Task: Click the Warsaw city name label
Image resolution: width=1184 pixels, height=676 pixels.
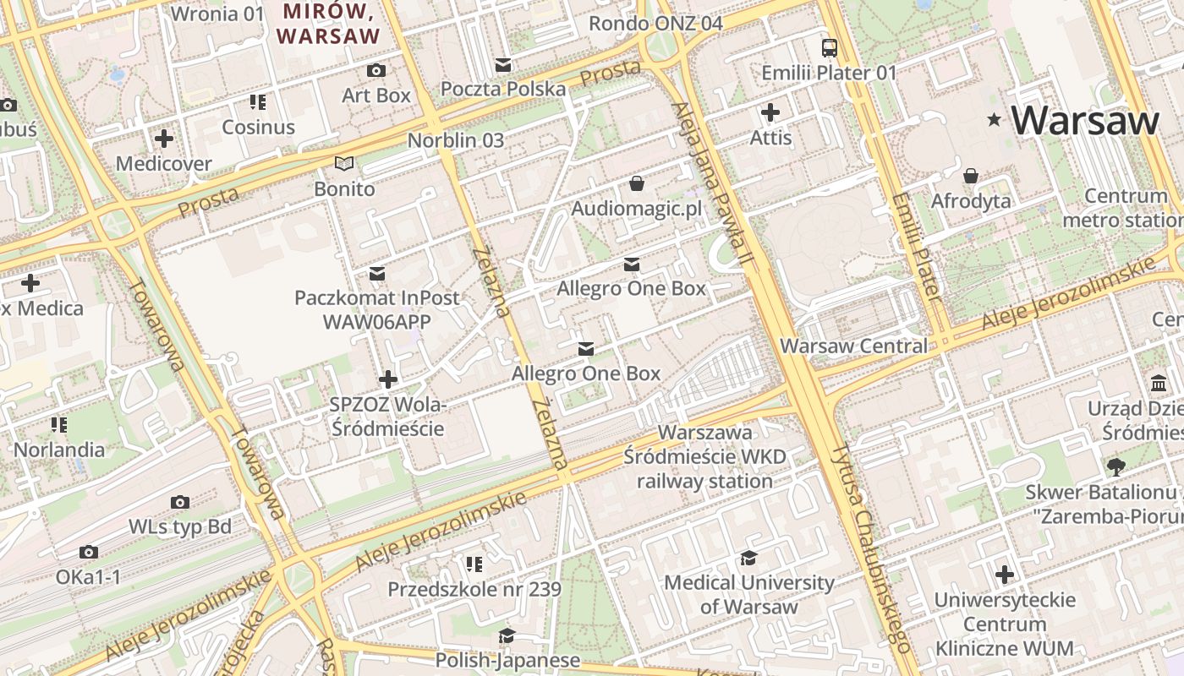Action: tap(1084, 121)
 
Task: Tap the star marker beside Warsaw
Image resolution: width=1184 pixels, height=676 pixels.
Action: tap(994, 121)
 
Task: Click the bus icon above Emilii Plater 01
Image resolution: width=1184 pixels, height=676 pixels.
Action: tap(829, 48)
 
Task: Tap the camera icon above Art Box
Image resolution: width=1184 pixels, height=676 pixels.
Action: tap(376, 70)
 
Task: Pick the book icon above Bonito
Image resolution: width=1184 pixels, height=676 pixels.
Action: tap(343, 163)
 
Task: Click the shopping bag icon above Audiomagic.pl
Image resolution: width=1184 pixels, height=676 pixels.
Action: tap(637, 183)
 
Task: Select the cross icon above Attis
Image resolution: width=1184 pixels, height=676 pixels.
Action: tap(770, 112)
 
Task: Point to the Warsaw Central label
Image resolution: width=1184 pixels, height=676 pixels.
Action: tap(853, 346)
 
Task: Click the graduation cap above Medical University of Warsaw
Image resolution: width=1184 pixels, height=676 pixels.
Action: tap(748, 558)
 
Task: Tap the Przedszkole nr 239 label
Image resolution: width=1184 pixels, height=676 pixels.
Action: tap(474, 589)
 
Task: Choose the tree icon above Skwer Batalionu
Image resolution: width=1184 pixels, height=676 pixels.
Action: tap(1116, 466)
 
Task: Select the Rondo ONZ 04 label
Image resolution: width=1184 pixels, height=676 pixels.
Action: tap(655, 23)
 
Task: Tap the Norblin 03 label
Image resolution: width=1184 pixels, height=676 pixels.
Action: tap(456, 140)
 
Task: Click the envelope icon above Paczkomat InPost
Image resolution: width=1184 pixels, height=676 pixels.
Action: tap(377, 273)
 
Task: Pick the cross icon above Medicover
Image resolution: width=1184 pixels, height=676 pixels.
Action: tap(164, 138)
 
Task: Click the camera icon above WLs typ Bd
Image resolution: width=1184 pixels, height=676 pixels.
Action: tap(179, 502)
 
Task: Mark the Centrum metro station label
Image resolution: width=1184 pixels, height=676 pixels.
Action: tap(1125, 209)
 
